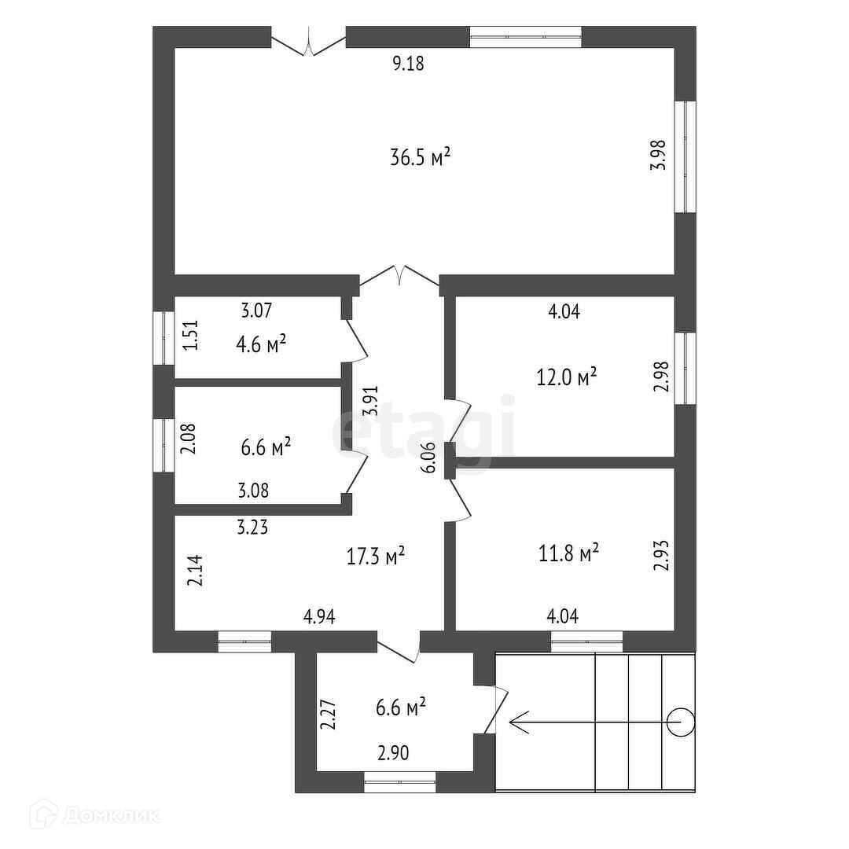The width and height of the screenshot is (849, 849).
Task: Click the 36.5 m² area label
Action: click(x=420, y=157)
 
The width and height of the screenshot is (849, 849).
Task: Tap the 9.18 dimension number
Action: click(x=408, y=64)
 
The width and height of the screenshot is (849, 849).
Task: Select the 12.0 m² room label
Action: click(x=566, y=377)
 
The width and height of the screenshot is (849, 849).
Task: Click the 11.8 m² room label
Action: click(x=568, y=554)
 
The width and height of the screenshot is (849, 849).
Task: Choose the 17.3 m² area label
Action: click(x=376, y=557)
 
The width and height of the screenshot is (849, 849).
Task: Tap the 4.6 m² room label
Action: click(x=259, y=344)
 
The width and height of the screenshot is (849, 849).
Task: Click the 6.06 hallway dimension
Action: click(x=428, y=457)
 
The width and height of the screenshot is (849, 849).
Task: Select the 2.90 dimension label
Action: click(x=393, y=753)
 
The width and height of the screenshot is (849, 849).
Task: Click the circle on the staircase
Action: click(x=679, y=721)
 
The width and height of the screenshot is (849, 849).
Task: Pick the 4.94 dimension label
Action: click(x=320, y=618)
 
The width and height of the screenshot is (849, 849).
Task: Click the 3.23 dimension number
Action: click(x=253, y=528)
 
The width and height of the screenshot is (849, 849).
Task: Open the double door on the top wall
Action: click(x=309, y=41)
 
